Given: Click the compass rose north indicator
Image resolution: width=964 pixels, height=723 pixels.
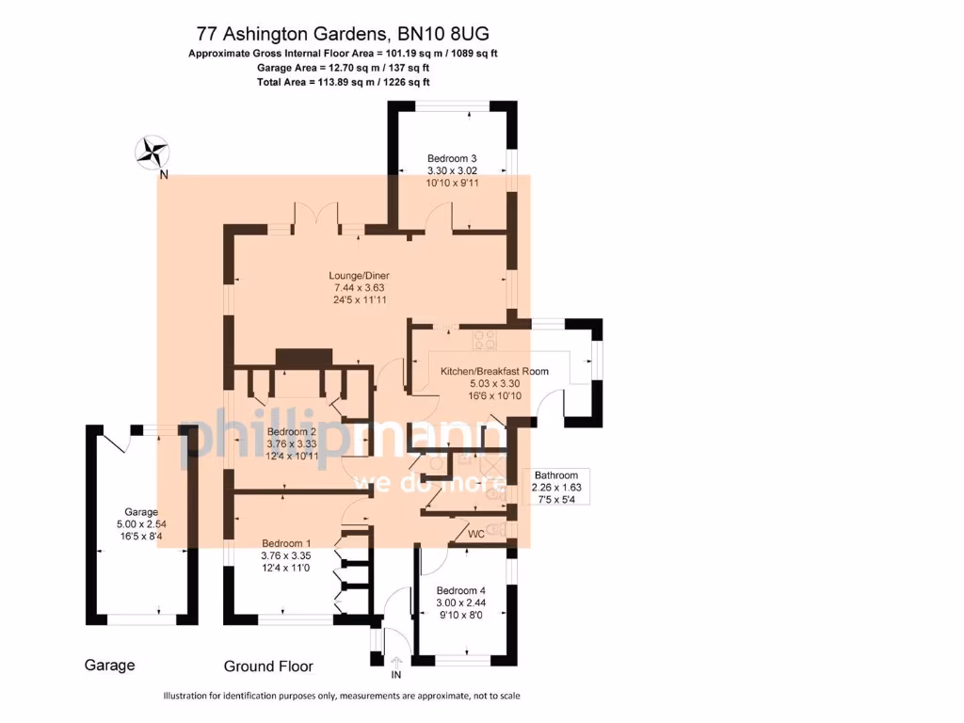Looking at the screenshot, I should coord(152,153).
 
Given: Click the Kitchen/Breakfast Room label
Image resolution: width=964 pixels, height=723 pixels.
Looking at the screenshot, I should coord(494,371).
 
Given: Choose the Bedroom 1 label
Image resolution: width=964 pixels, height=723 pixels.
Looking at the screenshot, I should coord(286,543).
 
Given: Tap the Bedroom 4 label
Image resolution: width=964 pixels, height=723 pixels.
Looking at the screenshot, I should coord(459,590).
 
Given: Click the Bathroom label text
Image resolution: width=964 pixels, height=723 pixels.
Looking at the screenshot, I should coord(562,475).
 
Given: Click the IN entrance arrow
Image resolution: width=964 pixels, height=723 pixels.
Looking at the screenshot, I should coord(395,666).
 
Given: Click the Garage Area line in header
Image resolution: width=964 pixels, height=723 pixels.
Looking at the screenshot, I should coord(343,68).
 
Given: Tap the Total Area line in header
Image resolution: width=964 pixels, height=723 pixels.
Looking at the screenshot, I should coord(343,83).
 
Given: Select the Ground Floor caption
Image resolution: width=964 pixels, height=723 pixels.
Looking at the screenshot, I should coord(268,667).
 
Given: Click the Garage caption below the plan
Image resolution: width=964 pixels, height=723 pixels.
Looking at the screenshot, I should coord(109,665).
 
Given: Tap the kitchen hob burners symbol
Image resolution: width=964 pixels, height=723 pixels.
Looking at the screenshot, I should coord(486,335).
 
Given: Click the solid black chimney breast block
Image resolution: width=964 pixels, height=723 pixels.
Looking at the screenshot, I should coord(303,358).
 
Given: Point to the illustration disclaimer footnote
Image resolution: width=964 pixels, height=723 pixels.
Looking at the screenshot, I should coord(342,696).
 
